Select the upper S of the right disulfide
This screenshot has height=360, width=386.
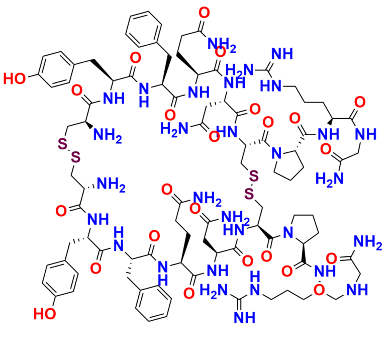(254, 175)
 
